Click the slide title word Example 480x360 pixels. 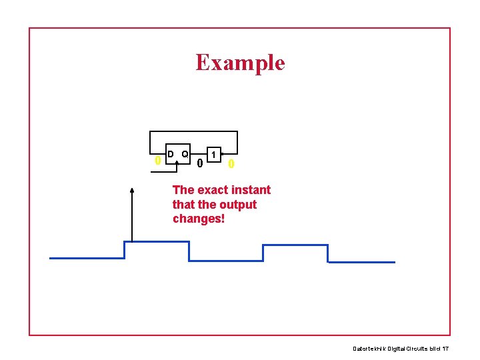coord(240,63)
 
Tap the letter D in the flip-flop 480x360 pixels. coord(171,154)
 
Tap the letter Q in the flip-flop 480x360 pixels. coord(185,154)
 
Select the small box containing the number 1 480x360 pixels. coord(213,155)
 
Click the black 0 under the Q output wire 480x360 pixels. coord(200,163)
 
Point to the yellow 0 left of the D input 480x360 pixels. coord(157,161)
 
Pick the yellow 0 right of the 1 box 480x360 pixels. coord(231,164)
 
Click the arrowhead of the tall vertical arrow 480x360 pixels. coord(132,191)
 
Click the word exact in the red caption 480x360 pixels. coord(212,190)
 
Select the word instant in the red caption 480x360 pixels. coord(251,190)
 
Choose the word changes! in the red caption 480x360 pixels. coord(199,219)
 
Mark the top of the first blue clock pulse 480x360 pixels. coord(157,241)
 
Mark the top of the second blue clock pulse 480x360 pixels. coord(295,245)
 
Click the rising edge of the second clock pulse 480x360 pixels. coord(263,253)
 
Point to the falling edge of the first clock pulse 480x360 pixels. coord(189,251)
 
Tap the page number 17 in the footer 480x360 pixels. coord(445,349)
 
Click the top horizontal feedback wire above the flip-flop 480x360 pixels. coord(193,131)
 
